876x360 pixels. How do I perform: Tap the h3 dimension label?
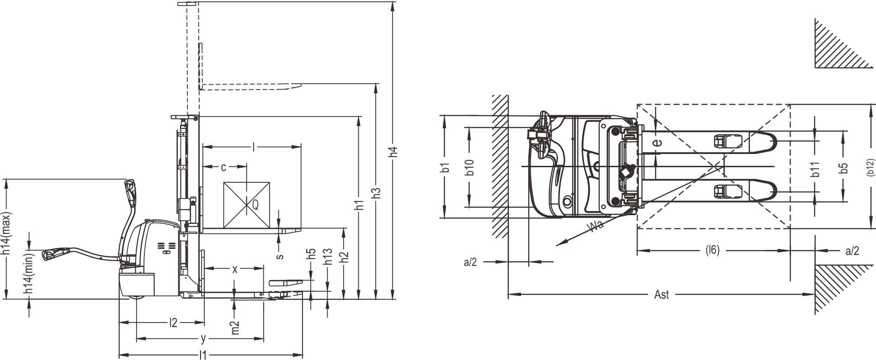click(376, 193)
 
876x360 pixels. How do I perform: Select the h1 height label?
click(360, 205)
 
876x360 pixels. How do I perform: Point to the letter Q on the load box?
click(255, 206)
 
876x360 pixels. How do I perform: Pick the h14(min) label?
click(29, 273)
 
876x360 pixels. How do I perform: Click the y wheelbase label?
click(204, 339)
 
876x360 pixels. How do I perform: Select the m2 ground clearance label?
click(235, 327)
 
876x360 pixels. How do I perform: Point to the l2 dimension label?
click(173, 323)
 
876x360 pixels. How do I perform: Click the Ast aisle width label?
click(661, 295)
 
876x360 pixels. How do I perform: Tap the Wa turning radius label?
click(594, 226)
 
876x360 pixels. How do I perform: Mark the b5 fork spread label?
click(844, 168)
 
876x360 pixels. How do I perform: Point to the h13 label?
click(327, 257)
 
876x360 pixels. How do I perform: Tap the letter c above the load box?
click(223, 168)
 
